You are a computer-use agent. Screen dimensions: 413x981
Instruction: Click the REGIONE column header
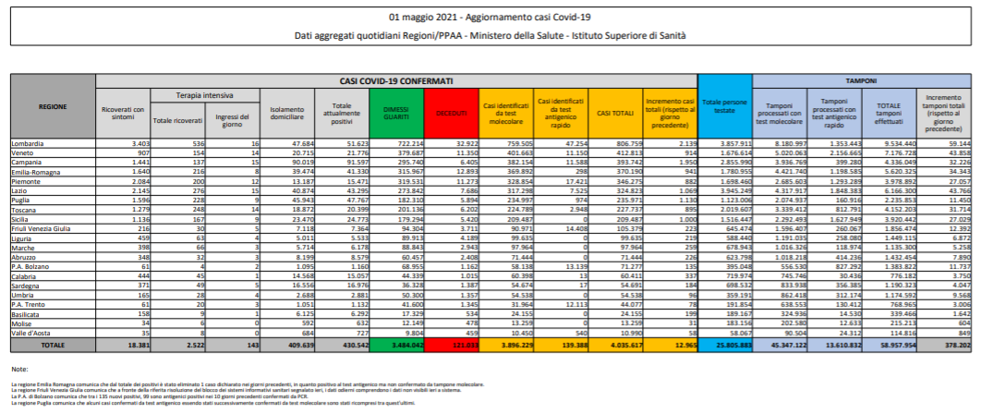pos(52,107)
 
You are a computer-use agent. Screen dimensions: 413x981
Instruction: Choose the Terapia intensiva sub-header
pos(204,95)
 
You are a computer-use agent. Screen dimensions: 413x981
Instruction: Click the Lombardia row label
pos(29,145)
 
